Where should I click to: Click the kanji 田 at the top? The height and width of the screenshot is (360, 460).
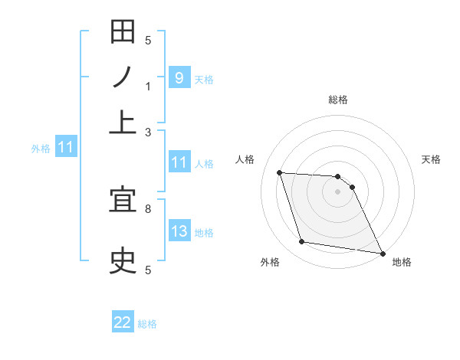tap(123, 34)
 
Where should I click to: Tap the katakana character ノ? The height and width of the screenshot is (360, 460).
tap(123, 78)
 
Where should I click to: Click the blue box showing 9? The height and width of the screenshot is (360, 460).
tap(179, 77)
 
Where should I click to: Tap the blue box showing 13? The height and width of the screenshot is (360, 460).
tap(179, 231)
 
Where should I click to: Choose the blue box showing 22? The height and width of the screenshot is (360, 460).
tap(123, 322)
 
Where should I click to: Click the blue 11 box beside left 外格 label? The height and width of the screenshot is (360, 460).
tap(65, 147)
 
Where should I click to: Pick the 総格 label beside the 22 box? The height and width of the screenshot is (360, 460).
tap(147, 324)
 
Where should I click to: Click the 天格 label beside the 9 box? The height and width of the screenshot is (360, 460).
tap(204, 79)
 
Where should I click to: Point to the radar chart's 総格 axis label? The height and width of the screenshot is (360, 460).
tap(338, 100)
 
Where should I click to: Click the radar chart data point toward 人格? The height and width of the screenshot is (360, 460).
tap(280, 172)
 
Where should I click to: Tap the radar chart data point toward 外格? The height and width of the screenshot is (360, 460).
tap(302, 242)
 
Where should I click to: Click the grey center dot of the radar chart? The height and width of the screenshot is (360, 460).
tap(338, 191)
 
